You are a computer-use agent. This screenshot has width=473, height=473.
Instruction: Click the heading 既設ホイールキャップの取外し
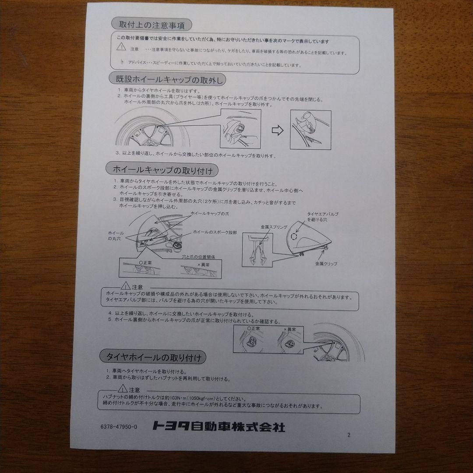pos(168,79)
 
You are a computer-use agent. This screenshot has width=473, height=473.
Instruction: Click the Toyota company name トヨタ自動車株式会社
pos(219,426)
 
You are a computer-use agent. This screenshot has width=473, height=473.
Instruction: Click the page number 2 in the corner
pos(349,435)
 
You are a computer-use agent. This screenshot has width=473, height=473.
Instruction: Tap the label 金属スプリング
pos(274,227)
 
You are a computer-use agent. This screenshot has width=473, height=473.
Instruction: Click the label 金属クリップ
pos(326,264)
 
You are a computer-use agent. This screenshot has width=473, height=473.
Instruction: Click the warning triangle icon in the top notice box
pos(120,46)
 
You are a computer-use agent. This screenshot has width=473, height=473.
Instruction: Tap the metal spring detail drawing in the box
pos(257,250)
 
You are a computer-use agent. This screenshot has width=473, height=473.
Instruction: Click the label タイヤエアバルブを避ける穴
pos(322,216)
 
